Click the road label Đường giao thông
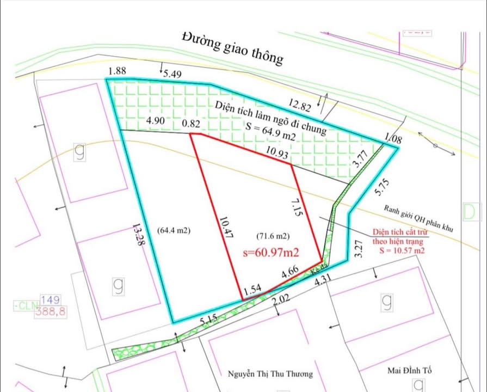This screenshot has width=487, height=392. pos(233,48)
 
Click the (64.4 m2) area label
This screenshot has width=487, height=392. pos(174,230)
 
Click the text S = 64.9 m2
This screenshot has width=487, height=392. pos(270,132)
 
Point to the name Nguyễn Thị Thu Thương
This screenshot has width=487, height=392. pos(270,374)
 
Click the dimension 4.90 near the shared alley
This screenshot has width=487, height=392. pos(155,121)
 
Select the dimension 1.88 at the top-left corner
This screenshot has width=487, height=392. pos(117,71)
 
